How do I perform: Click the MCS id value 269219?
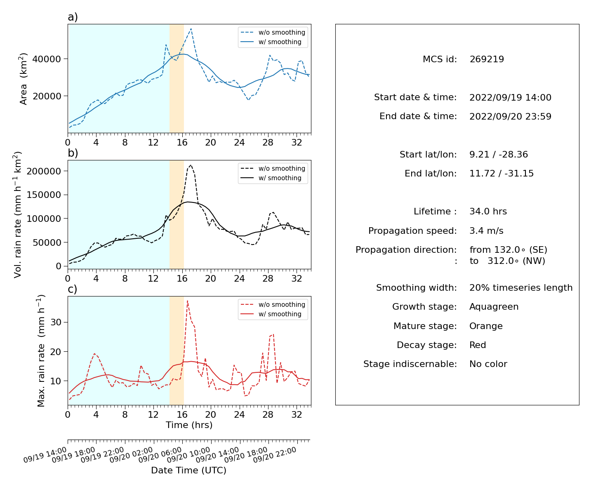[x=487, y=59]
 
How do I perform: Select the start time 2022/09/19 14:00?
[x=510, y=97]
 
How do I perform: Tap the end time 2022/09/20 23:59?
[x=510, y=116]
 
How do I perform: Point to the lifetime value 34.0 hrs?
[x=488, y=212]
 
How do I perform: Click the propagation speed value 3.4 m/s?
[x=486, y=231]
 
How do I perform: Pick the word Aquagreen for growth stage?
[x=494, y=307]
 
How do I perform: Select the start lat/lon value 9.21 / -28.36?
[x=499, y=155]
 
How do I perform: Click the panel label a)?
[x=73, y=17]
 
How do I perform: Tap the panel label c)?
[x=73, y=289]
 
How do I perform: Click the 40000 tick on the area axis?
[x=47, y=59]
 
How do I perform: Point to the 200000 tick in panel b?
[x=44, y=171]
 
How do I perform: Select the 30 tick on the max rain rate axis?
[x=56, y=322]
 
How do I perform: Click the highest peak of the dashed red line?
[x=187, y=301]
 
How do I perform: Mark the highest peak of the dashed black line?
[x=191, y=165]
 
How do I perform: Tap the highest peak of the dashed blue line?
[x=191, y=28]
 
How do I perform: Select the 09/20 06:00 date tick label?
[x=160, y=455]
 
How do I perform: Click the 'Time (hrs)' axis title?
[x=189, y=425]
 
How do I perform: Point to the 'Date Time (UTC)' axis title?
[x=189, y=470]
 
